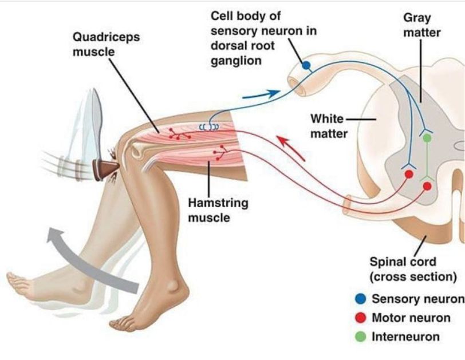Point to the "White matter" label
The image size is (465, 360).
point(328,126)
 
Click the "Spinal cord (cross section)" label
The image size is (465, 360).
point(412,270)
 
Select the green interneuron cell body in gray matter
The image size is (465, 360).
point(426,137)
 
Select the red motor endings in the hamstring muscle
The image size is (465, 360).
point(219,153)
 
